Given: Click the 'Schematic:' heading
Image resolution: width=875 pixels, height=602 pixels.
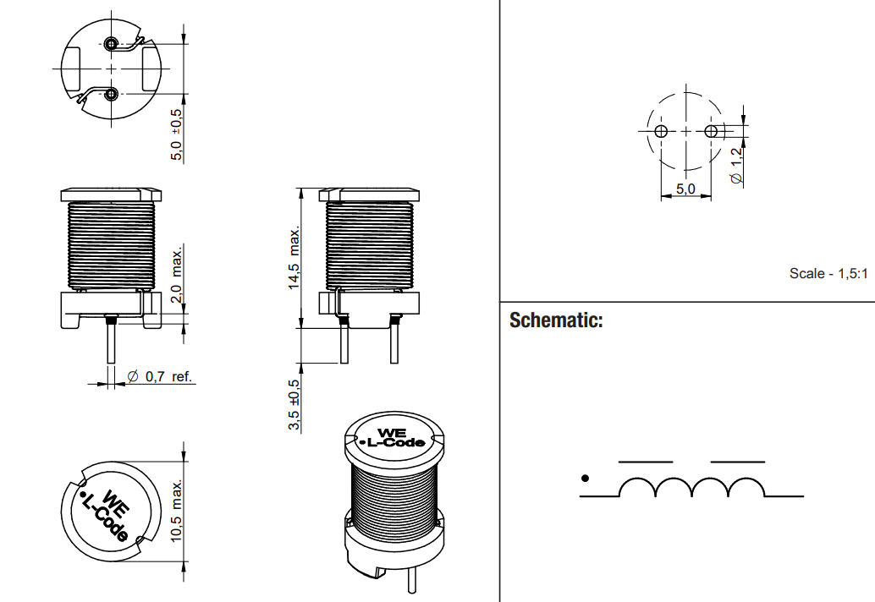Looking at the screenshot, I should [x=556, y=321].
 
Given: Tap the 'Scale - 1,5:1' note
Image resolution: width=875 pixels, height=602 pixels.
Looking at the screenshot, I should [x=828, y=273].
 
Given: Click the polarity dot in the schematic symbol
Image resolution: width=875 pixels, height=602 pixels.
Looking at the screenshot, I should [x=585, y=479].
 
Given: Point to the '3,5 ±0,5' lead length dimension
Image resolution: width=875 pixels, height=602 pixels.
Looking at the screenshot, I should [x=294, y=405].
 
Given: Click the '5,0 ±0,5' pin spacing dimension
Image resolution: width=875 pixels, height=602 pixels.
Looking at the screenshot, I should [x=177, y=134].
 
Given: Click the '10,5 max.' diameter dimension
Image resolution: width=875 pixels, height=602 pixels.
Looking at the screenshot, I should [x=177, y=511].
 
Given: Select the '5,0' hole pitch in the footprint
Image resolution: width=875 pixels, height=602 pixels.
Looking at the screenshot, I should [x=685, y=189].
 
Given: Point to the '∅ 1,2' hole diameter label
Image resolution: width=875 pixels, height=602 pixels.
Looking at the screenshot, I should [x=737, y=166].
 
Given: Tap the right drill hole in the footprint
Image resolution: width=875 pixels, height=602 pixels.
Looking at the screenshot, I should [x=711, y=131].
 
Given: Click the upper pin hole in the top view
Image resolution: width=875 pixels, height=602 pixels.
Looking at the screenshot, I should [x=112, y=44].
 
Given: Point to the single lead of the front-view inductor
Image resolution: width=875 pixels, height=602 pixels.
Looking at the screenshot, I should [x=110, y=343].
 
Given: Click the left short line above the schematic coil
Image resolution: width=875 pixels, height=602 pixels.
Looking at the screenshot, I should [x=646, y=462].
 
